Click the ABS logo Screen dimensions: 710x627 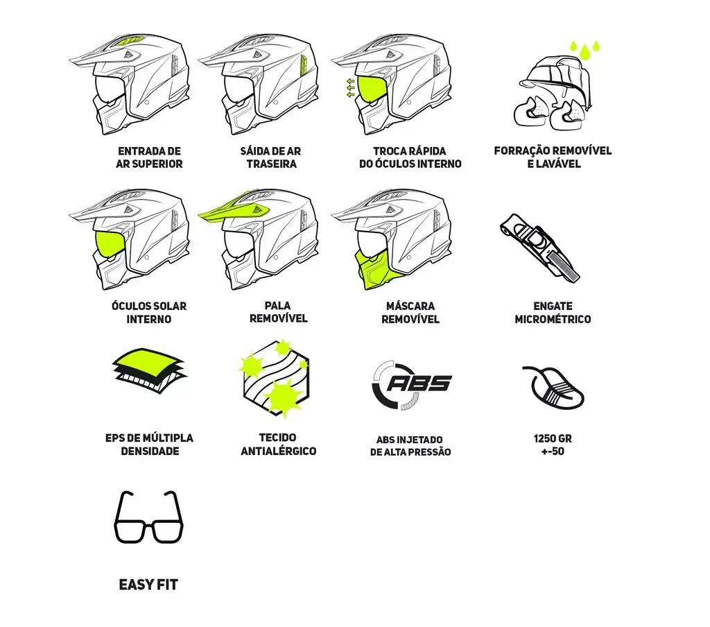(x=411, y=384)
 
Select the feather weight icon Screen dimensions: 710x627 (x=553, y=388)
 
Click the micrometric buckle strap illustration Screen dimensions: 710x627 (x=539, y=248)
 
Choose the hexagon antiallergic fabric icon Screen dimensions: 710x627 (x=275, y=378)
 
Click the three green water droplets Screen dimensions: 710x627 (x=584, y=49)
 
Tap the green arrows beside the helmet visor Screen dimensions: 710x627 (x=350, y=88)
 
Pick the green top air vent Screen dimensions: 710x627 (x=131, y=41)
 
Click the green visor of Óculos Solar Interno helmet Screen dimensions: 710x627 (x=110, y=243)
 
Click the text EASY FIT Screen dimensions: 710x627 (x=148, y=585)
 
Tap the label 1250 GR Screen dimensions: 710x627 (x=553, y=438)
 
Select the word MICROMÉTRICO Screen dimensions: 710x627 (x=553, y=319)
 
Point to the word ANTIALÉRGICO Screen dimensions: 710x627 (x=279, y=452)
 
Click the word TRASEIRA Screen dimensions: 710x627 (x=272, y=164)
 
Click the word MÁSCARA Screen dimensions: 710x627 (x=410, y=307)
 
